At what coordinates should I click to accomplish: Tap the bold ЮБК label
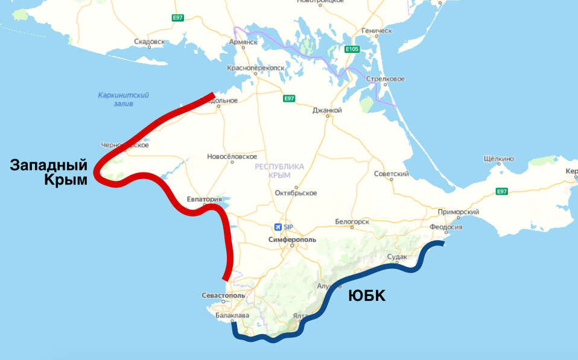[367, 296]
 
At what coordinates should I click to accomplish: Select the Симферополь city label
[292, 239]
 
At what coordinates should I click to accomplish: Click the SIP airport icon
[278, 227]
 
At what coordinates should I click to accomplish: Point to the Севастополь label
[223, 295]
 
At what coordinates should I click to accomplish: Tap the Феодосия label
[446, 227]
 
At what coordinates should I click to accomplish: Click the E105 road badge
[352, 49]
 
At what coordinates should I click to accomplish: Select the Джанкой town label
[327, 110]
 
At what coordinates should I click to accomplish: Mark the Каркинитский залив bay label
[123, 99]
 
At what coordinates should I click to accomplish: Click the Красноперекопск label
[256, 68]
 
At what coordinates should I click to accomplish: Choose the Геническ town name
[376, 30]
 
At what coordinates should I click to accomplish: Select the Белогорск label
[352, 222]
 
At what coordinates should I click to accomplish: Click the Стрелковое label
[386, 79]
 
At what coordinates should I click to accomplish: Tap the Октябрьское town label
[296, 193]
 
